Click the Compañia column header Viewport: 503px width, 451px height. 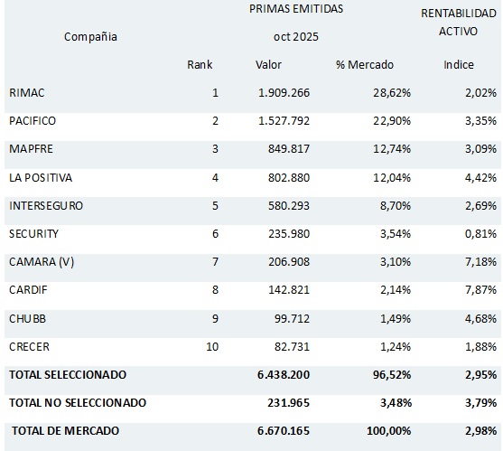pos(90,37)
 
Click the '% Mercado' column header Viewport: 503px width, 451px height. pos(365,65)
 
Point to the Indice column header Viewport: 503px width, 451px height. pos(459,65)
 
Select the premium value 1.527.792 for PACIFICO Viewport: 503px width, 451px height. pos(284,121)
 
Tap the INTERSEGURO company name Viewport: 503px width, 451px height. pos(45,205)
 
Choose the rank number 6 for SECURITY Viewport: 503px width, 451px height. pos(215,233)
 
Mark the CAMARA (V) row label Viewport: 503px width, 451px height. pos(41,261)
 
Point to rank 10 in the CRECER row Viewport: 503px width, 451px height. pos(212,346)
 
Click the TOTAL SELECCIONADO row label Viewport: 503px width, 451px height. pos(68,374)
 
